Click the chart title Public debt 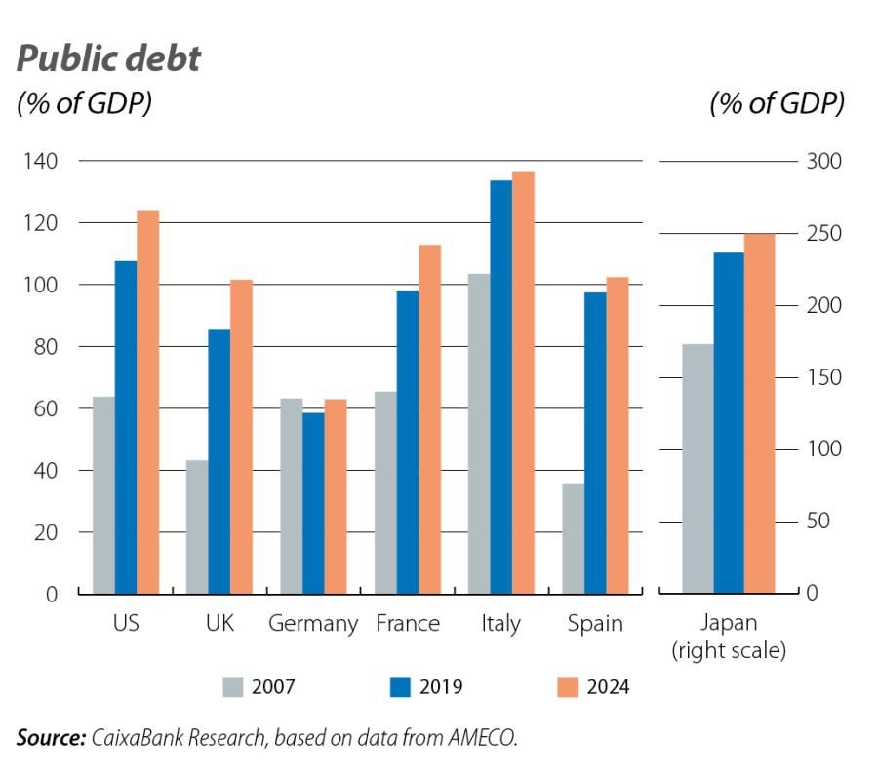coord(108,59)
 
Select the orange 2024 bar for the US coord(147,402)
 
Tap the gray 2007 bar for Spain coord(572,538)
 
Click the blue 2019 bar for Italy coord(500,387)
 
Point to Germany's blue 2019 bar coord(313,503)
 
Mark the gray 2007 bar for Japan coord(698,469)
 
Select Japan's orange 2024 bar coord(758,413)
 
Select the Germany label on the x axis coord(313,624)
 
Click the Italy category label coord(500,624)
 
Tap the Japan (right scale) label coord(729,637)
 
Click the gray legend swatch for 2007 coord(231,687)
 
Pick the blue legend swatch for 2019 coord(399,687)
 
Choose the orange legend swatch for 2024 coord(567,687)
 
